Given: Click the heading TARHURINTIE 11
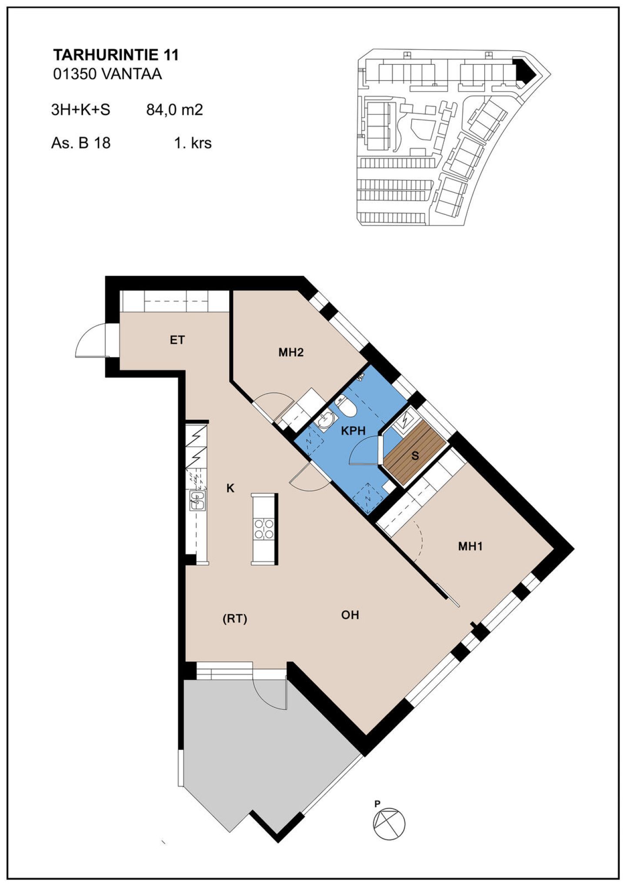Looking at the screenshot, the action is point(116,55).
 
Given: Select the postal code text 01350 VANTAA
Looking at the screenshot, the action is point(107,74).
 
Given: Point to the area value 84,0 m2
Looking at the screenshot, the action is point(174,110).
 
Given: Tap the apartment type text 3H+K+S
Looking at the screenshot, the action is point(80,110).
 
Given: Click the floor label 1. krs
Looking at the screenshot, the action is point(193,143).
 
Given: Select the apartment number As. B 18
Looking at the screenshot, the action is point(81,143).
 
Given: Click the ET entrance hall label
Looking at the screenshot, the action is point(177,340).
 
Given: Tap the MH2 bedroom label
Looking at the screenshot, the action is point(291,352).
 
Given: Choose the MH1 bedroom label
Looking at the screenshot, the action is point(470,546).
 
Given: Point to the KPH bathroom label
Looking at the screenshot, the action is point(353,431).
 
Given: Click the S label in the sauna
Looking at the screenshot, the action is point(415,456).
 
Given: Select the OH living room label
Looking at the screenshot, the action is point(350,615).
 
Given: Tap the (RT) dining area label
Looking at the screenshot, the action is point(235,619).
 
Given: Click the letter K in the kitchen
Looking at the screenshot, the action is point(230,488).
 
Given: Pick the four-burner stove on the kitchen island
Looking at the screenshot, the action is point(264,528).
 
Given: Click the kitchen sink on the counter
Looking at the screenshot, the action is point(197,501).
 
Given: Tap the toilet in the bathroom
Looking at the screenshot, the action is point(346,405).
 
